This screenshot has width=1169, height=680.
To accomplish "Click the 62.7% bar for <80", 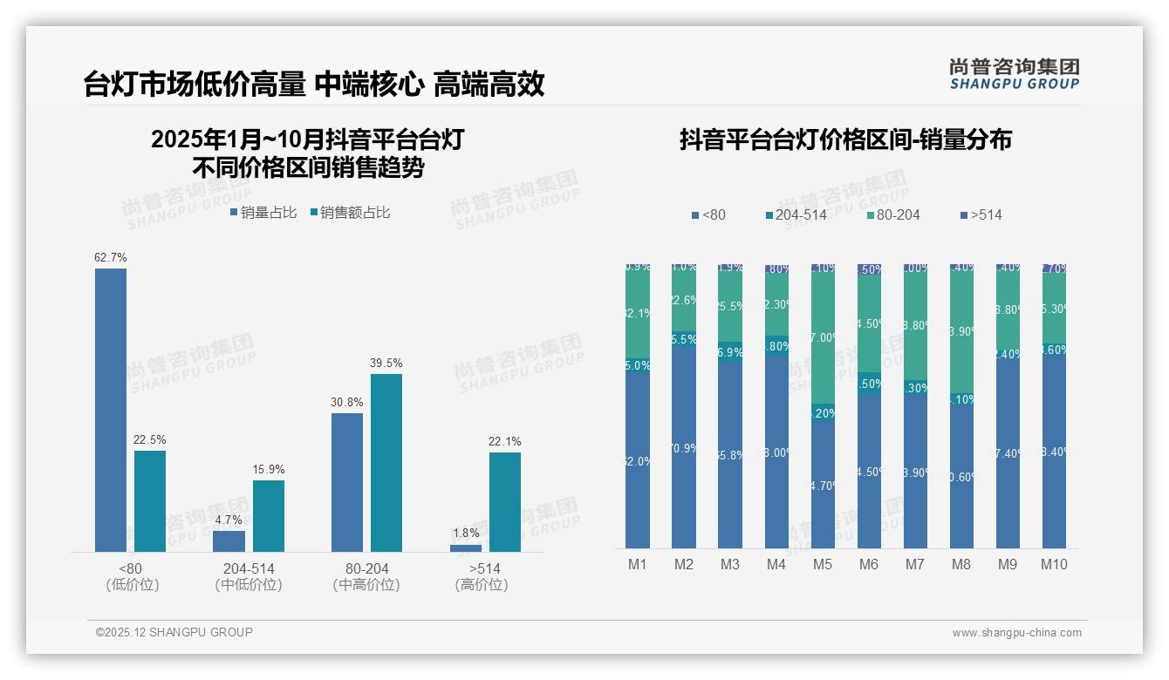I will pyautogui.click(x=111, y=410).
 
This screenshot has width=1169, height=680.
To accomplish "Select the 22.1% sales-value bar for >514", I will pyautogui.click(x=504, y=502).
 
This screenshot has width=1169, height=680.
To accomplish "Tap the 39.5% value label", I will pyautogui.click(x=386, y=363).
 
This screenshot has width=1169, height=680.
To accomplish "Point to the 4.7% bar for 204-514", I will pyautogui.click(x=229, y=541).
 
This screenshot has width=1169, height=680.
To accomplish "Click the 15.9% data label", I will pyautogui.click(x=269, y=469).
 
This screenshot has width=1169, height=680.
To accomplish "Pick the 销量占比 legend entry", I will pyautogui.click(x=263, y=212).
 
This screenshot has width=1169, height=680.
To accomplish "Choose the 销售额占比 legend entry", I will pyautogui.click(x=350, y=212).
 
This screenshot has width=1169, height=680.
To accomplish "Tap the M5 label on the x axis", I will pyautogui.click(x=823, y=564).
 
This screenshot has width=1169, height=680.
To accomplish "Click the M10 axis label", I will pyautogui.click(x=1054, y=564).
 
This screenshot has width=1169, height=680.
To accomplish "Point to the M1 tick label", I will pyautogui.click(x=638, y=564).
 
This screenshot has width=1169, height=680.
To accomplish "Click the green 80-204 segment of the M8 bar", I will pyautogui.click(x=961, y=331).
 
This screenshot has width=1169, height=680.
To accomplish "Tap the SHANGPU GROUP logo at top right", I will pyautogui.click(x=1014, y=73).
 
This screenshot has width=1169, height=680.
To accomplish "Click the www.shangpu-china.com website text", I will pyautogui.click(x=1016, y=633).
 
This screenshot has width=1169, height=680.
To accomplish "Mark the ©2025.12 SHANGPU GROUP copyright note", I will pyautogui.click(x=174, y=632).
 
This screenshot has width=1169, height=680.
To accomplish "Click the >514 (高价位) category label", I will pyautogui.click(x=481, y=576).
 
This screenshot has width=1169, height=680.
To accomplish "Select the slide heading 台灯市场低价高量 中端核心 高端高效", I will pyautogui.click(x=314, y=84).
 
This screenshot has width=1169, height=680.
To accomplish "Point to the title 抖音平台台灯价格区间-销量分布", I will pyautogui.click(x=845, y=139).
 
